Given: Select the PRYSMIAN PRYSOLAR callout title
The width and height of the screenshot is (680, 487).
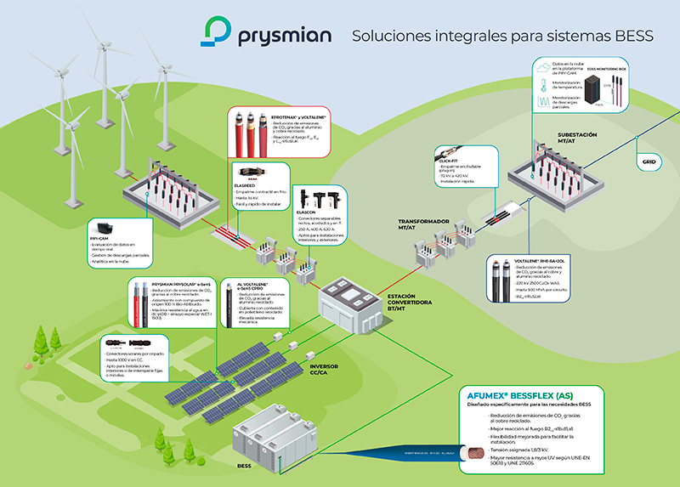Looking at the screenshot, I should [178, 286].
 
